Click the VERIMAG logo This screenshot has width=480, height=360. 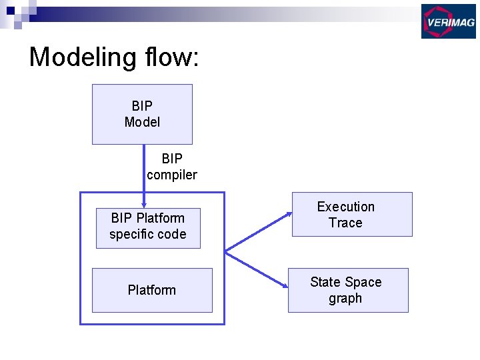pyautogui.click(x=448, y=21)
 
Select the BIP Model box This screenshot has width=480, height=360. pyautogui.click(x=142, y=114)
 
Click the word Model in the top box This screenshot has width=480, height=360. pyautogui.click(x=142, y=122)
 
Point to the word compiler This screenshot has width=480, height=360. pyautogui.click(x=172, y=175)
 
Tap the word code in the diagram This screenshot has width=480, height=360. pyautogui.click(x=173, y=234)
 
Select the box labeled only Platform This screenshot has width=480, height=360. pyautogui.click(x=152, y=290)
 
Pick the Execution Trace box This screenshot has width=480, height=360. pyautogui.click(x=352, y=214)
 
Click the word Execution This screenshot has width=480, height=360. pyautogui.click(x=345, y=207)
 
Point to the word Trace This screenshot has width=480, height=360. pyautogui.click(x=345, y=223)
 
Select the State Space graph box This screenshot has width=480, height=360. pyautogui.click(x=348, y=290)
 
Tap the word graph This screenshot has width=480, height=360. pyautogui.click(x=345, y=298)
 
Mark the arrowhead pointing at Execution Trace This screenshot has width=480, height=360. pyautogui.click(x=289, y=214)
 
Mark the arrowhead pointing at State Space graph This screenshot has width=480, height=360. pyautogui.click(x=285, y=288)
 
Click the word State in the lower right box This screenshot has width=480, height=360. pyautogui.click(x=325, y=282)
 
